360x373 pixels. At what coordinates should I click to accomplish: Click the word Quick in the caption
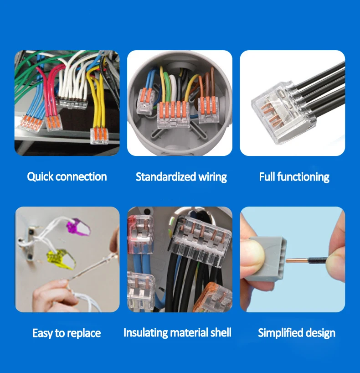(40, 177)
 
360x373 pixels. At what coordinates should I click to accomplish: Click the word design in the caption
(321, 333)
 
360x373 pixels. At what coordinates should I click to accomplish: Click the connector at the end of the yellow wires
(98, 136)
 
